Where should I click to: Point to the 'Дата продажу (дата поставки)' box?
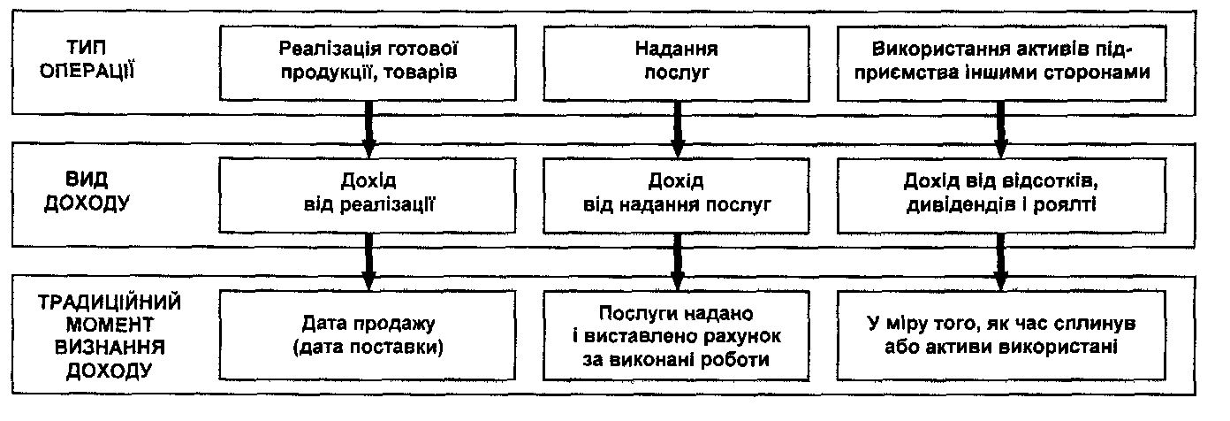point(368,336)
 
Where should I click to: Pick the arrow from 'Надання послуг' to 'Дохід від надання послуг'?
point(678,128)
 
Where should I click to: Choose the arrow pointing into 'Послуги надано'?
point(678,264)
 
